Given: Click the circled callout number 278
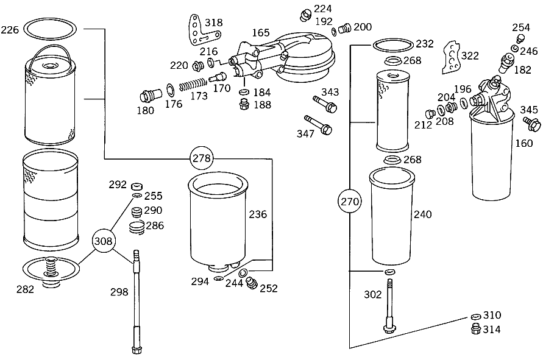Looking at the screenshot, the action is coord(201,158).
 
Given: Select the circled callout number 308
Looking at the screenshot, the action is coord(103,241).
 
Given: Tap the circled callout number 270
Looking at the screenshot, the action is coord(350,202).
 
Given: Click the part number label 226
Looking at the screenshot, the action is coord(10,30).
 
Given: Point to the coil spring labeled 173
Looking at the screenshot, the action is coord(193,85).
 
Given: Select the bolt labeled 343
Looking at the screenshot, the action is coord(325,104).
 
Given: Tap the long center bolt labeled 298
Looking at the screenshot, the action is coord(136,302).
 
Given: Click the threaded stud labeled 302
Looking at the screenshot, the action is coord(389,306).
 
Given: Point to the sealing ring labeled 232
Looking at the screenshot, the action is coord(393,45).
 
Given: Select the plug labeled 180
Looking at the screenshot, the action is coord(151,95).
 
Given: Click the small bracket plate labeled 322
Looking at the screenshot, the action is coord(452,57).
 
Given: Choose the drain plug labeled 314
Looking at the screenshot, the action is coord(476,329).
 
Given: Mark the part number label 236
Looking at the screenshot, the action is coord(258,214).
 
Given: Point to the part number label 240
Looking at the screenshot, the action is coord(423,214).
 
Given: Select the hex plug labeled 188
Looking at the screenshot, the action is coord(244,104).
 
